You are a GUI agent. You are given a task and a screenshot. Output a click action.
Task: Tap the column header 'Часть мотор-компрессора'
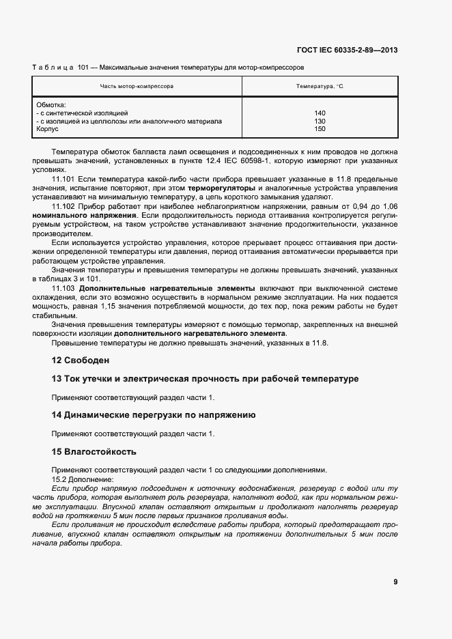tap(137, 87)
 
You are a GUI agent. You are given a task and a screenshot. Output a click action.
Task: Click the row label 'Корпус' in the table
tap(47, 128)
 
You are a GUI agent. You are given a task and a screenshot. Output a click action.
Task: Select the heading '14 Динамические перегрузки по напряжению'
tap(154, 414)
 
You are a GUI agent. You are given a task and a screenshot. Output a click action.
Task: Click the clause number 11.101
tap(63, 178)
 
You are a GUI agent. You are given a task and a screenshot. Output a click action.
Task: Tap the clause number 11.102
tap(63, 205)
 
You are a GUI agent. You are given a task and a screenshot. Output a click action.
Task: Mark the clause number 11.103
tap(63, 288)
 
